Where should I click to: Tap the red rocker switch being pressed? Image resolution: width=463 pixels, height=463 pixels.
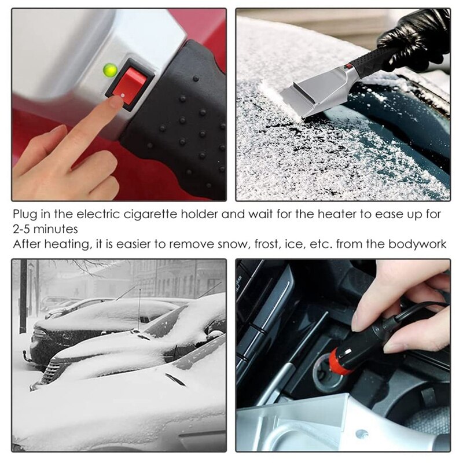pyautogui.click(x=128, y=83)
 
